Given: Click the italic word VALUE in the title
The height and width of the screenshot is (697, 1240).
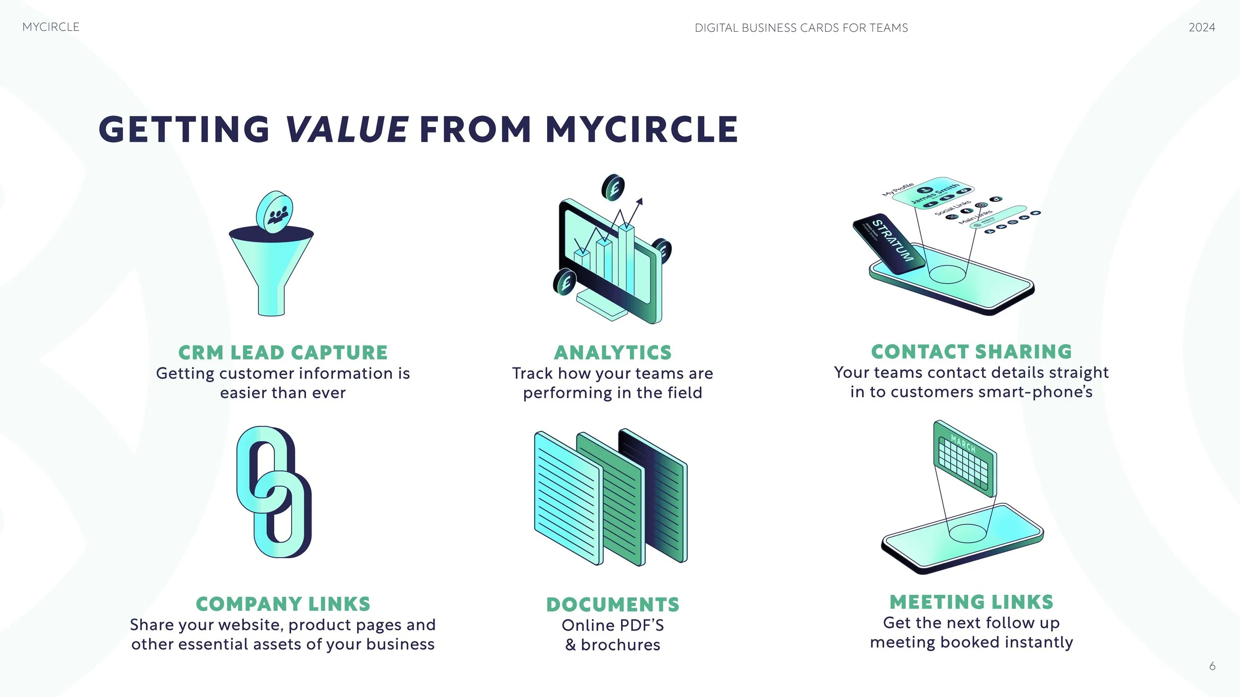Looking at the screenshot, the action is point(347,129).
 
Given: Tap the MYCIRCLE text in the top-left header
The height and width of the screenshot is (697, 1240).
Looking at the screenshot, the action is point(51,27).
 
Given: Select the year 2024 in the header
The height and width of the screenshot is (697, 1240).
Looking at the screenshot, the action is point(1201,27).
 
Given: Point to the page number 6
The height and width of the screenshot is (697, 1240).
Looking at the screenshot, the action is point(1212,666).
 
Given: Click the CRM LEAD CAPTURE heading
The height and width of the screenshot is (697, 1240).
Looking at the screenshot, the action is point(283,352).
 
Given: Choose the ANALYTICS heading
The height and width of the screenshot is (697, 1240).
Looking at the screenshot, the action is point(613,352).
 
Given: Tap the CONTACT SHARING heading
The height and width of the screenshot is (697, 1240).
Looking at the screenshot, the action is point(971,351).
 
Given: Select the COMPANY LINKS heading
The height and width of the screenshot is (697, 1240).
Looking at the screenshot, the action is point(283,604).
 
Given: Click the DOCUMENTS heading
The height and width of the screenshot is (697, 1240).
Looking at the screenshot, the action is point(613,604).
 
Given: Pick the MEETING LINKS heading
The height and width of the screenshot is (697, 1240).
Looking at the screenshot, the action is point(971,602).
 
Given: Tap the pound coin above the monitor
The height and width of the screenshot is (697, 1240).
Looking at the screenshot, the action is point(613,188).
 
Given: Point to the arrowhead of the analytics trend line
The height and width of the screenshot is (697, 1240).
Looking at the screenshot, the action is point(640,201).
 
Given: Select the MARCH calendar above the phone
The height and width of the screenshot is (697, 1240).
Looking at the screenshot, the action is point(965,459).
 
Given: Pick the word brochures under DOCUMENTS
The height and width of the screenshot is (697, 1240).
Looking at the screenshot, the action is point(620,644).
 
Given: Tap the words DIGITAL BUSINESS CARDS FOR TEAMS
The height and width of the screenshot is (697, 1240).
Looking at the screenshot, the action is point(801,28).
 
